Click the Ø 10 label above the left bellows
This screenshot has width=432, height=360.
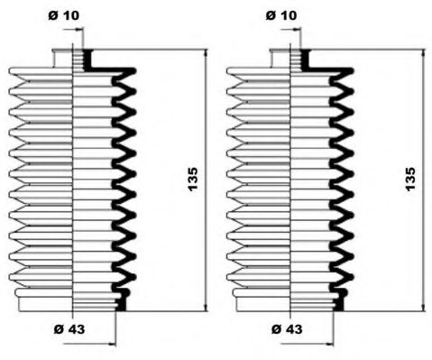tap(64, 15)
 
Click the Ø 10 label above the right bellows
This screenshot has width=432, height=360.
tap(281, 15)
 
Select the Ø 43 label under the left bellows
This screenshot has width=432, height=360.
tap(69, 329)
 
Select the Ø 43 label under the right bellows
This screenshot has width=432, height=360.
tap(287, 329)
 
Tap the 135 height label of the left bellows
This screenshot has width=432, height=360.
tap(192, 180)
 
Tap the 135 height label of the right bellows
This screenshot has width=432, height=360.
tap(410, 180)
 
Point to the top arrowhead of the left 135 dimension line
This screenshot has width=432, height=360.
tap(206, 53)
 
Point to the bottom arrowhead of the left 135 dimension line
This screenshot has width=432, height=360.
tap(206, 307)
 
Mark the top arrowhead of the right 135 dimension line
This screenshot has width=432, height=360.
tap(423, 53)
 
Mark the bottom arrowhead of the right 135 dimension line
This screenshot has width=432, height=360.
tap(423, 307)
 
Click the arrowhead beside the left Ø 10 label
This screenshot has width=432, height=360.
tap(79, 29)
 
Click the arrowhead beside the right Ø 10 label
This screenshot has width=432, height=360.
tap(297, 29)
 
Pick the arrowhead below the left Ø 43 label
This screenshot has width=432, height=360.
tap(112, 344)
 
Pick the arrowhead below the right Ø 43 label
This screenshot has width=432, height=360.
tap(330, 344)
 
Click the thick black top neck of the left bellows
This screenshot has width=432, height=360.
tap(88, 60)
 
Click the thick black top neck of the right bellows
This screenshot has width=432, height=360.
tap(306, 60)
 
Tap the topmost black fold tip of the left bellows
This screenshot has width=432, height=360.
tap(134, 71)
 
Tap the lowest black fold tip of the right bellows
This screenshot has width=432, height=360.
tap(351, 276)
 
